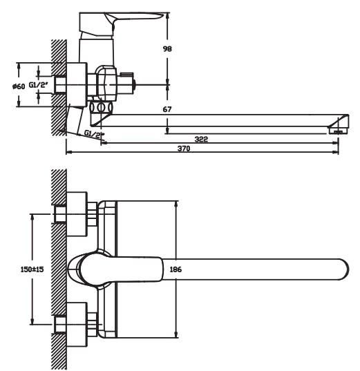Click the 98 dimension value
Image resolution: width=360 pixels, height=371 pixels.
tap(167, 49)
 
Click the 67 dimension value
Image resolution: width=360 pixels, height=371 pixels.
tap(167, 109)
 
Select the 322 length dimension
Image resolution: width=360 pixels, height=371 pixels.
tap(201, 139)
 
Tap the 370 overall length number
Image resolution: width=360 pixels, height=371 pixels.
tap(184, 149)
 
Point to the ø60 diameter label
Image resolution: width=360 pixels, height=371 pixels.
tap(19, 86)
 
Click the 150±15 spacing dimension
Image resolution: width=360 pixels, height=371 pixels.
tap(32, 269)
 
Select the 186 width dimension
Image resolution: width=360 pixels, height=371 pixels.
tap(176, 269)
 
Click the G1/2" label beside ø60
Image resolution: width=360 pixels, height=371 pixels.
tap(39, 84)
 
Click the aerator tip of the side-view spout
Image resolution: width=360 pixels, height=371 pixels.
tap(338, 130)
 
